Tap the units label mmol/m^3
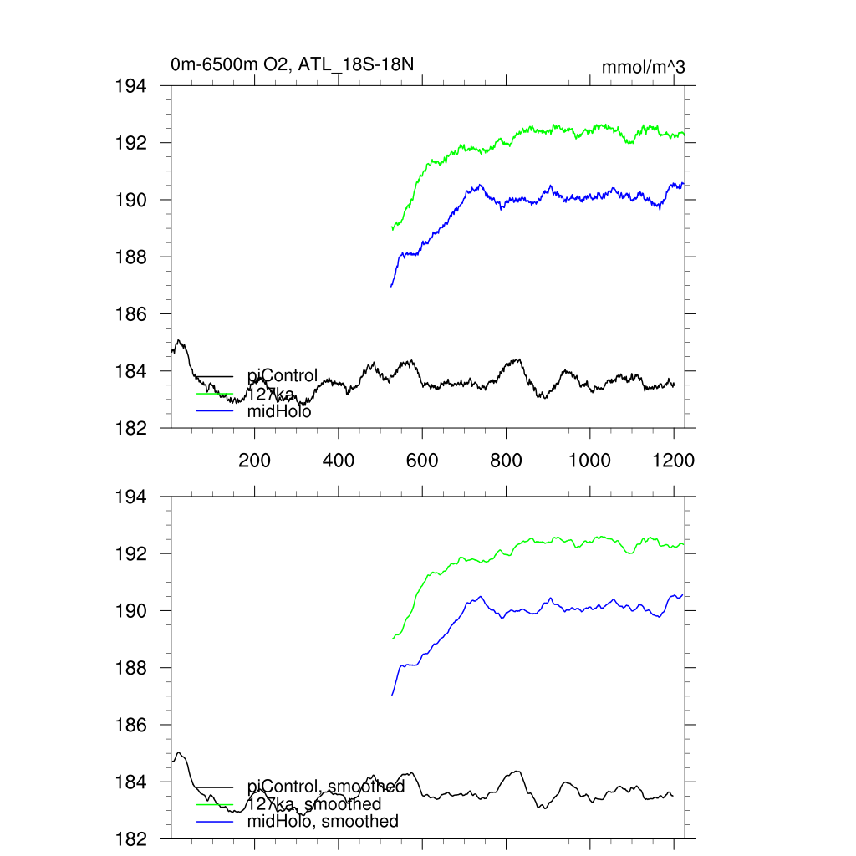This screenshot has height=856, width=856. [x=644, y=68]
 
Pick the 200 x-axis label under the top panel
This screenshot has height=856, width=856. [x=254, y=460]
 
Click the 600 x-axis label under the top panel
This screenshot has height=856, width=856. [x=422, y=460]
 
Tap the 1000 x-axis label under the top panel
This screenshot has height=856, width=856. [x=589, y=460]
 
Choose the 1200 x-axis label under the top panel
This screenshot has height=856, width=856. [x=674, y=460]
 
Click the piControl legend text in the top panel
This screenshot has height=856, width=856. [x=283, y=376]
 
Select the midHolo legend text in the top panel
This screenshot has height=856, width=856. [x=279, y=411]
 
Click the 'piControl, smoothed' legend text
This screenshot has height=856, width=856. [x=326, y=787]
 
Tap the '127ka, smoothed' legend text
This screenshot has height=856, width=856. [x=314, y=804]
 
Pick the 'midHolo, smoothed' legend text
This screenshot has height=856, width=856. [x=323, y=822]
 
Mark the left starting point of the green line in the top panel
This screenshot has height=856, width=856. [x=392, y=228]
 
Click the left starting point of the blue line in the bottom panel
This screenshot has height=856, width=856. [x=391, y=695]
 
